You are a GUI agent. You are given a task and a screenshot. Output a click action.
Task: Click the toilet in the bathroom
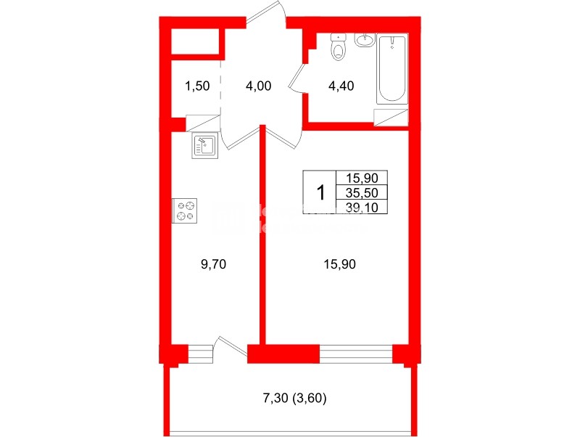(x=338, y=49)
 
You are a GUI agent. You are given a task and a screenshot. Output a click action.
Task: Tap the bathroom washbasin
(x=366, y=39)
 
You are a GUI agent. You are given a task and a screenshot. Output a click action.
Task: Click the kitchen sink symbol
(x=204, y=146)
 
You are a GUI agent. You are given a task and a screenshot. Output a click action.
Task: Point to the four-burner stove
(x=184, y=211)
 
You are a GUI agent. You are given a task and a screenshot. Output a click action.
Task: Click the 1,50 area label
(x=196, y=86)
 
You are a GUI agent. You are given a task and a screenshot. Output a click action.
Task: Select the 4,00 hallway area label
(x=258, y=86)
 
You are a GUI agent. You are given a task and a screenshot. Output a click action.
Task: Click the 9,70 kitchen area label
(x=215, y=264)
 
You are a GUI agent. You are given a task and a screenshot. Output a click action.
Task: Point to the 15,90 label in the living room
(x=339, y=264)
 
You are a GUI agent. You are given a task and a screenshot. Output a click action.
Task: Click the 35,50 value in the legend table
(x=362, y=192)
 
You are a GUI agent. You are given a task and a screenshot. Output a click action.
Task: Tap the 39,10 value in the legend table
(x=362, y=207)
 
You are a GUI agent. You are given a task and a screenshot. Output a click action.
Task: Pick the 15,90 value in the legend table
(x=362, y=178)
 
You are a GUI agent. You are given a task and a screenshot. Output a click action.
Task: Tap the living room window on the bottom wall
(x=355, y=354)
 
